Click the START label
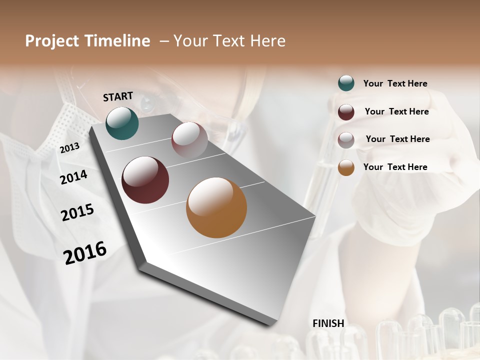point(118,96)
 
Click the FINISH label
point(328,323)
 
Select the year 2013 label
point(69,147)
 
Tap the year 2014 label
point(73,177)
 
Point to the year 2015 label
point(77,212)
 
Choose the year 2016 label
point(85,252)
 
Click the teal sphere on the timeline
point(122,123)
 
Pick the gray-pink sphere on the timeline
point(189,139)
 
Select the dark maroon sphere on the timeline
point(145,180)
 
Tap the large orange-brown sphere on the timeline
point(216,207)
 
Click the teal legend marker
point(346,83)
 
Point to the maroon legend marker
point(346,111)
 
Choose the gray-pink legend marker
point(346,139)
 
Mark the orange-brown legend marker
point(346,167)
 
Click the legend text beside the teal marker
point(395,83)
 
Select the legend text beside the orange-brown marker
point(395,167)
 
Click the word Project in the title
point(52,41)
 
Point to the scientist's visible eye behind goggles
point(148,103)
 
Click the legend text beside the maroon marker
point(396,111)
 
